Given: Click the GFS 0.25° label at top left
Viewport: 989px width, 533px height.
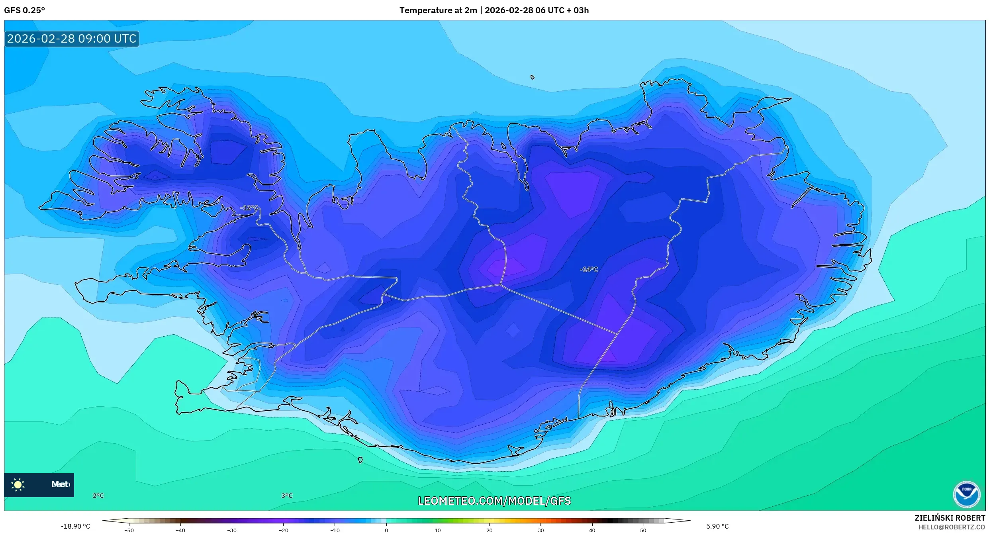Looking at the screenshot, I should pyautogui.click(x=24, y=10).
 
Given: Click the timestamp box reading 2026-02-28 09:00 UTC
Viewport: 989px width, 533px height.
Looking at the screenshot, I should pyautogui.click(x=72, y=39).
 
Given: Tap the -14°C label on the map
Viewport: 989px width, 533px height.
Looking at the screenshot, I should pyautogui.click(x=589, y=270).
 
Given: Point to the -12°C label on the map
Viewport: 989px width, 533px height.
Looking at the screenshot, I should pyautogui.click(x=249, y=208).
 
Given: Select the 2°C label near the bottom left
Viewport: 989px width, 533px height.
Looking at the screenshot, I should pyautogui.click(x=98, y=496).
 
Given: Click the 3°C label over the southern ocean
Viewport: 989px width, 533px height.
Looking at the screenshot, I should pyautogui.click(x=287, y=496).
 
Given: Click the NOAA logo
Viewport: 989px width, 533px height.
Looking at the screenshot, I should pyautogui.click(x=966, y=495).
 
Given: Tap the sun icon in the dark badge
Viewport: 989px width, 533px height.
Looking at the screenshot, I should pyautogui.click(x=18, y=484).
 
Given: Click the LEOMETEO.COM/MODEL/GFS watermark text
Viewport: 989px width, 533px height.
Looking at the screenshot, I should pyautogui.click(x=494, y=501).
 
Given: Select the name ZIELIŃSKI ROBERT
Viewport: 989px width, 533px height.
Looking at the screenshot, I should pyautogui.click(x=950, y=518).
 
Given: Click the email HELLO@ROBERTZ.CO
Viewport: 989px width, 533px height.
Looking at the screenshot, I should pyautogui.click(x=952, y=527).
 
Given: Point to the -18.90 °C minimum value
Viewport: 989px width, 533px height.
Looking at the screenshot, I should pyautogui.click(x=75, y=526).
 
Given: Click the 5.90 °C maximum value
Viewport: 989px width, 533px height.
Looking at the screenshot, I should pyautogui.click(x=717, y=526).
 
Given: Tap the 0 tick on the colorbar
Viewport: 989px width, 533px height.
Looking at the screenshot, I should pyautogui.click(x=386, y=530).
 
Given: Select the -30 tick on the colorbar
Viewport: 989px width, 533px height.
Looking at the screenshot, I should pyautogui.click(x=231, y=530).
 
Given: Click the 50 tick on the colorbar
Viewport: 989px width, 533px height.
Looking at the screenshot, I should pyautogui.click(x=643, y=530).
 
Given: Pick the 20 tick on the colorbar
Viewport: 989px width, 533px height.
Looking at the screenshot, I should pyautogui.click(x=489, y=530).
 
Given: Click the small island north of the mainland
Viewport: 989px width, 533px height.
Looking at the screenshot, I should pyautogui.click(x=533, y=77).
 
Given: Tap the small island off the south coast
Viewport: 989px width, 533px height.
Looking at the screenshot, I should pyautogui.click(x=360, y=460).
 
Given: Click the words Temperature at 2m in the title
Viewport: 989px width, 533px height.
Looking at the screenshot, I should pyautogui.click(x=438, y=10).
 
